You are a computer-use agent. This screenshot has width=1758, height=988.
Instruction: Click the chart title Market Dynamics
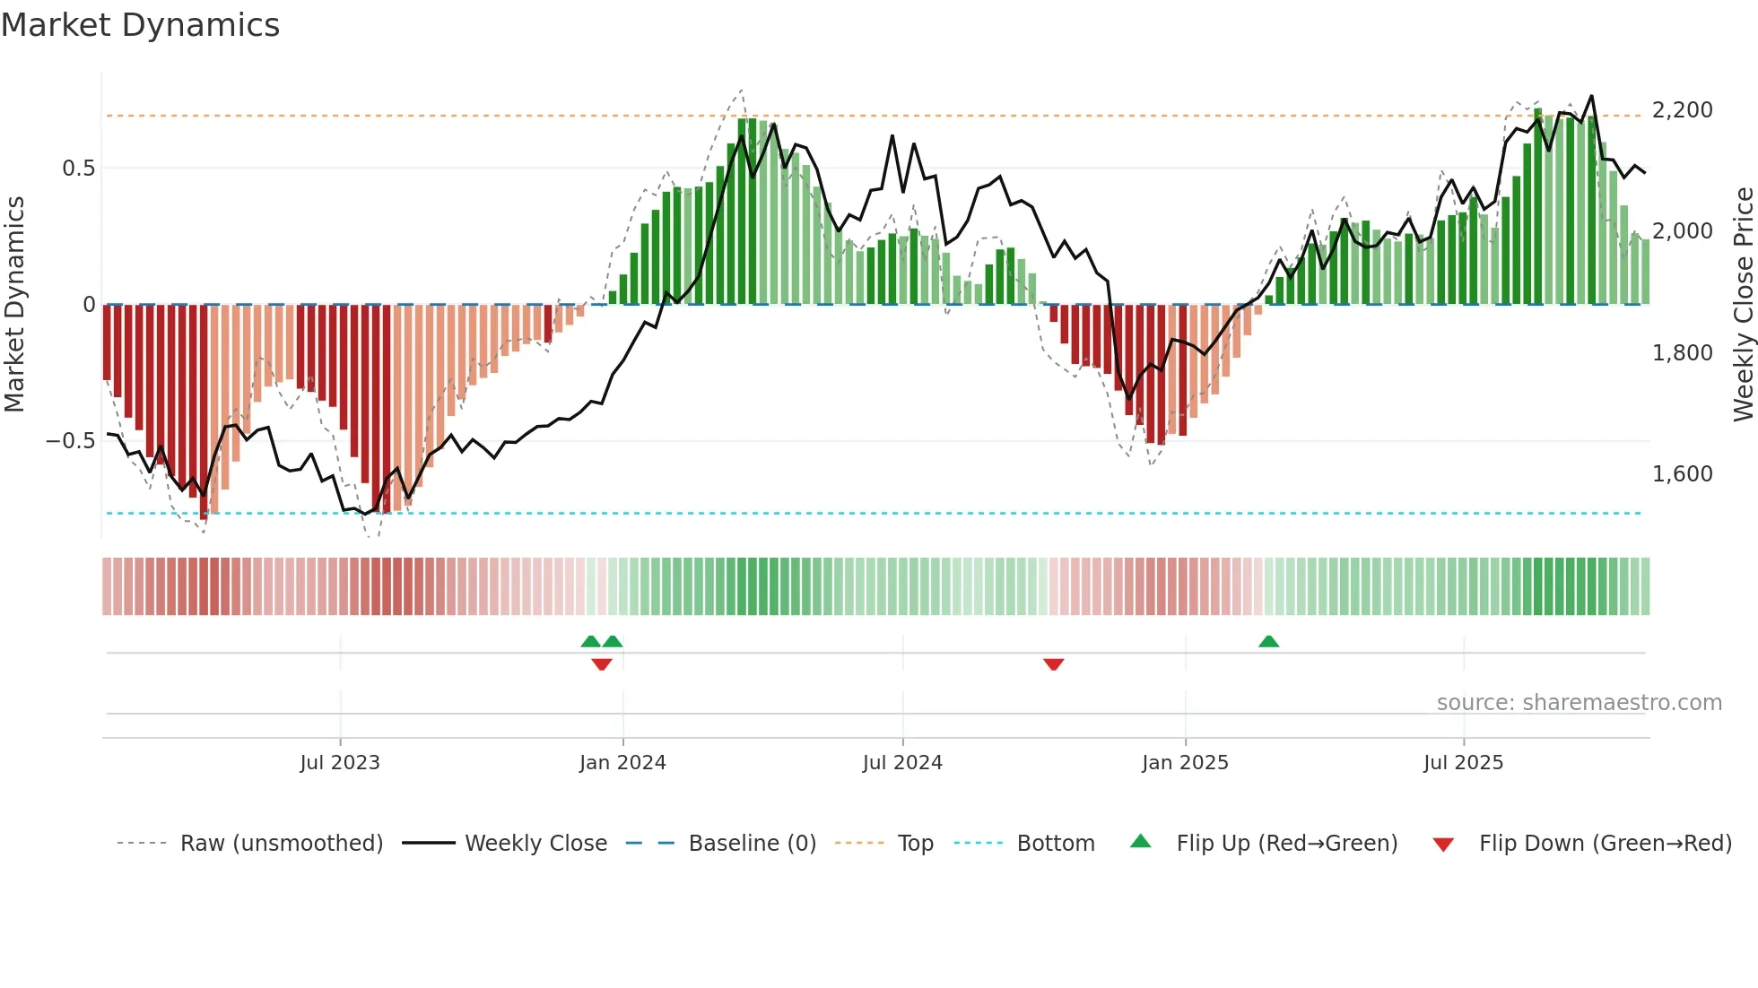(x=140, y=25)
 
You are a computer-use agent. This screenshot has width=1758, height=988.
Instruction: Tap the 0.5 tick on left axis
(x=78, y=169)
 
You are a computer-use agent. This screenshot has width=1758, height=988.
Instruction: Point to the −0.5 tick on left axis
(x=70, y=441)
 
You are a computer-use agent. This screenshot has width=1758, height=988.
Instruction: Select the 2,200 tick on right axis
(x=1682, y=110)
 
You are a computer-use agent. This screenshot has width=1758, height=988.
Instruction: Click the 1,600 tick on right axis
(x=1682, y=474)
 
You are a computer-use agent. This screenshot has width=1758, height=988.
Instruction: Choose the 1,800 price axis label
(x=1682, y=353)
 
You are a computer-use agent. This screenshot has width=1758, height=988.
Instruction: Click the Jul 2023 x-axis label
(x=340, y=763)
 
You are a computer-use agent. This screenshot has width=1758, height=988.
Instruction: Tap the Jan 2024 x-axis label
(x=622, y=763)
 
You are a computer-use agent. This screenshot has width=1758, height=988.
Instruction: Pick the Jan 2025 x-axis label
(x=1185, y=763)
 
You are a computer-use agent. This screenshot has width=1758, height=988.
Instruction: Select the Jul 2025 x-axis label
(x=1463, y=763)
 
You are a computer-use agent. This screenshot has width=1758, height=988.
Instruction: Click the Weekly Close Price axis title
(x=1743, y=305)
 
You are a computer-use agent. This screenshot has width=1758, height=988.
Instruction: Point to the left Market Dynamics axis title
(x=14, y=305)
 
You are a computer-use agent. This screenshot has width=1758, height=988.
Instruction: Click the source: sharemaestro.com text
(x=1579, y=703)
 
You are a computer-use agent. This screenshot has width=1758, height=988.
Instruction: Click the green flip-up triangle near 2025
(x=1268, y=642)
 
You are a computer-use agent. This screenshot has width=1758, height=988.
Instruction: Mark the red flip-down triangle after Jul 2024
(x=1054, y=664)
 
